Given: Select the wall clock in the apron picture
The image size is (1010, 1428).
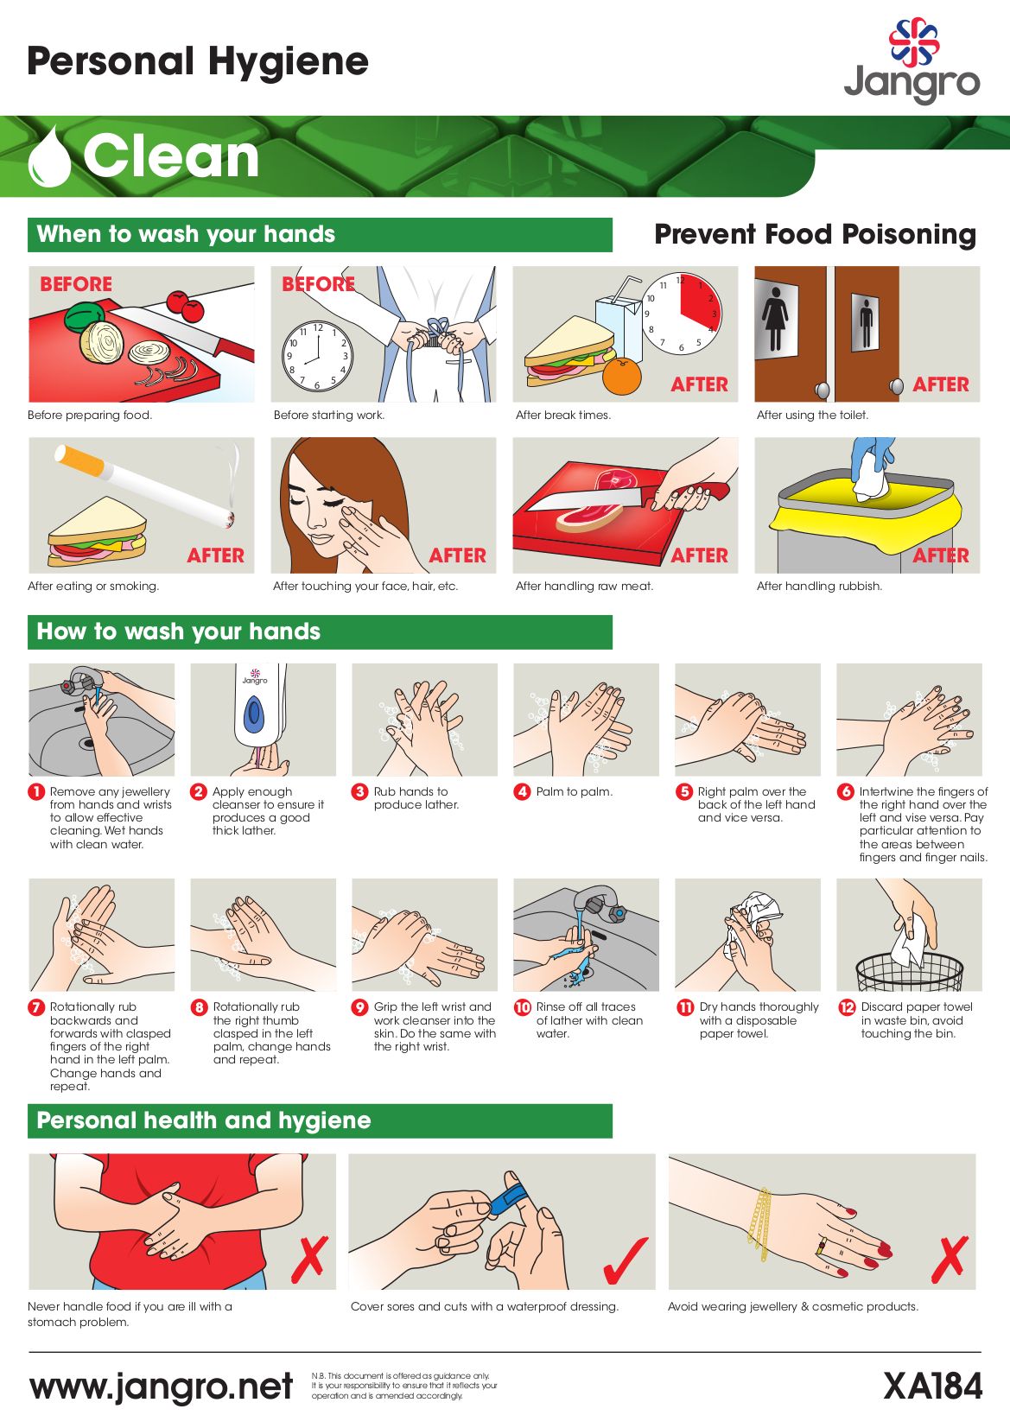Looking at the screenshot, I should tap(317, 356).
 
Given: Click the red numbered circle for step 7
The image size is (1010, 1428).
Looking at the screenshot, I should tap(36, 1007).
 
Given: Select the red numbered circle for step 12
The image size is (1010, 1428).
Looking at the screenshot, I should tap(847, 1007).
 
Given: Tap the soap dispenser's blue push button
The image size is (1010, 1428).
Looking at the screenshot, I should tap(254, 712).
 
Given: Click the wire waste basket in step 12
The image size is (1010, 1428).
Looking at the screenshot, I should tap(909, 973).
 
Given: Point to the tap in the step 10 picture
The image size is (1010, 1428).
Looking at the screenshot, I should tap(600, 904).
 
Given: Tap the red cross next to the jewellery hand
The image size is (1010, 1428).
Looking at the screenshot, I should tap(949, 1260).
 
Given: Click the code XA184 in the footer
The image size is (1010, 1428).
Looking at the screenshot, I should tap(932, 1386).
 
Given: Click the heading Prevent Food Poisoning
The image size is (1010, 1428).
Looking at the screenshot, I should tap(815, 234).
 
